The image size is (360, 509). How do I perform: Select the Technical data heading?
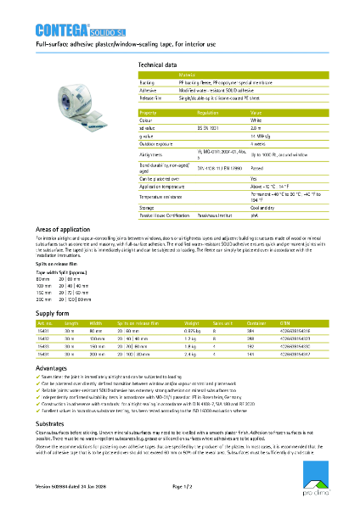[x=157, y=64]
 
